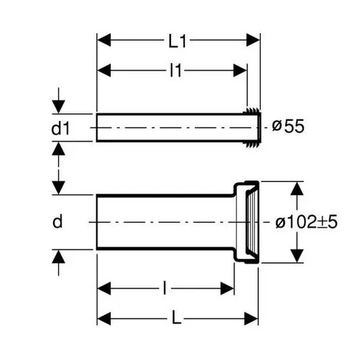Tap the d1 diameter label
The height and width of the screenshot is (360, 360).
[x=60, y=128]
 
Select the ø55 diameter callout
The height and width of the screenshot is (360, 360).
[x=288, y=126]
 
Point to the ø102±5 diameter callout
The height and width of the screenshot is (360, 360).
[x=306, y=222]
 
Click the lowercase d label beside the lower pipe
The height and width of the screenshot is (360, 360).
[x=58, y=222]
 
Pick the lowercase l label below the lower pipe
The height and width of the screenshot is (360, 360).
[x=164, y=288]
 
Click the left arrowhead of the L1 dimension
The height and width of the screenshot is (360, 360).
[x=104, y=40]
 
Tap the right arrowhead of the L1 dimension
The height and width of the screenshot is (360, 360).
[x=253, y=40]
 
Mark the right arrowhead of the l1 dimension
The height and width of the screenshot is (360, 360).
[x=240, y=70]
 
